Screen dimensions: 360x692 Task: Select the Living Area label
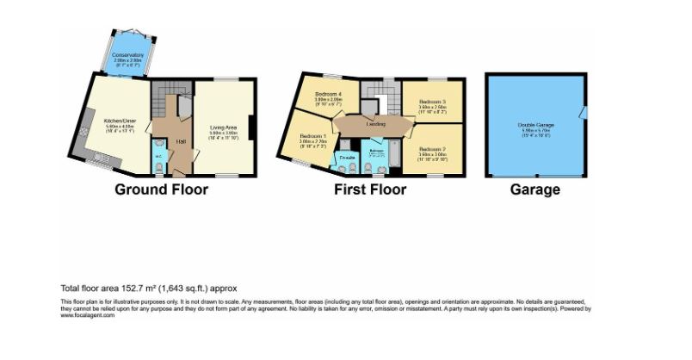pyautogui.click(x=223, y=128)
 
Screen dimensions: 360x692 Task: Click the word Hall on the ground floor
pyautogui.click(x=182, y=141)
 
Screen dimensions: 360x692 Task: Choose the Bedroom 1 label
pyautogui.click(x=312, y=136)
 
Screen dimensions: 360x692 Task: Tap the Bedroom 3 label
pyautogui.click(x=431, y=102)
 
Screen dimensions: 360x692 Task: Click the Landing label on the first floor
pyautogui.click(x=375, y=125)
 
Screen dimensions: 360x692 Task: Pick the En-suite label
pyautogui.click(x=347, y=159)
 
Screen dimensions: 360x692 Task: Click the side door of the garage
pyautogui.click(x=583, y=112)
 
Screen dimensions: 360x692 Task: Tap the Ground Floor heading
pyautogui.click(x=162, y=189)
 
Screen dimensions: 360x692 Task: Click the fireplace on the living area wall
pyautogui.click(x=251, y=127)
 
